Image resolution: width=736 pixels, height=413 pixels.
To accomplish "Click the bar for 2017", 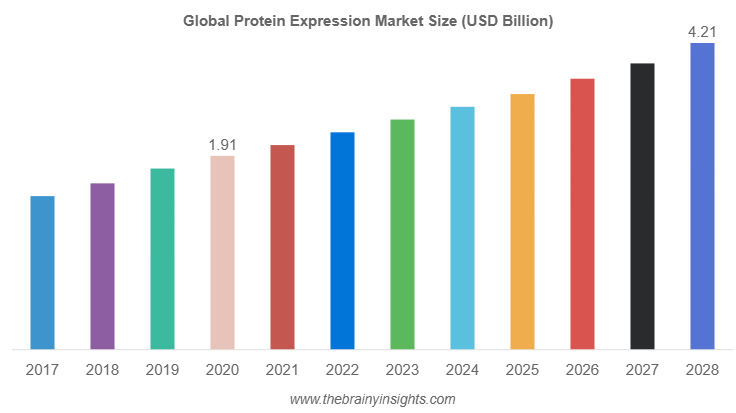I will (x=42, y=273).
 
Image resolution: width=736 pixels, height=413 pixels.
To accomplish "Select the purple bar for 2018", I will (x=102, y=267).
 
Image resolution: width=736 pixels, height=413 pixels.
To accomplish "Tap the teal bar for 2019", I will (x=162, y=259).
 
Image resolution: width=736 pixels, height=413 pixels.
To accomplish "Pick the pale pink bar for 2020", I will (x=222, y=253).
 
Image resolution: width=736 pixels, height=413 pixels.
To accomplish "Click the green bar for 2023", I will (x=402, y=235).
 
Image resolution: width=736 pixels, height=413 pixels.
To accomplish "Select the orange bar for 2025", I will (x=522, y=222).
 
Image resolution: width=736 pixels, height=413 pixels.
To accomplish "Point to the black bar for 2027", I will (x=642, y=207).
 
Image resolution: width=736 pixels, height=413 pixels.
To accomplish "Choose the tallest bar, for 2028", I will (x=702, y=197).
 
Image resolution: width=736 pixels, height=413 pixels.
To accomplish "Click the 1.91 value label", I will (x=222, y=145).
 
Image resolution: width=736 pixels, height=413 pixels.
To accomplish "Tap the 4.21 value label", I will (x=702, y=33).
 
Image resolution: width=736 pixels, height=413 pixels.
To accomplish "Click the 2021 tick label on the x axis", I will (x=282, y=371).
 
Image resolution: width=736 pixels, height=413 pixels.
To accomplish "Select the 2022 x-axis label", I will (x=342, y=371).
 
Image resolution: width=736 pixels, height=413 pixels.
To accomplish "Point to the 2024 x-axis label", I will (x=462, y=371).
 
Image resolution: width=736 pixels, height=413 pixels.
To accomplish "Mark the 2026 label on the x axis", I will (x=582, y=371).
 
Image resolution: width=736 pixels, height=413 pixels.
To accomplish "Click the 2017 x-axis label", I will (x=42, y=371).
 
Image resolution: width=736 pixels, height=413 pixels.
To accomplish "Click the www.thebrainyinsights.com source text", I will (x=372, y=399).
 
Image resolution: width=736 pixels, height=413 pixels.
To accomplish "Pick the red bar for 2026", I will (x=582, y=214).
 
